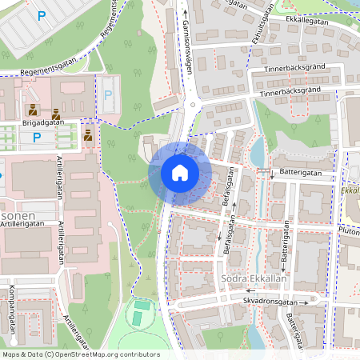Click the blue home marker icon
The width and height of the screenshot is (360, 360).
[179, 173]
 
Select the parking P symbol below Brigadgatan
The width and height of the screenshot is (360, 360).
[36, 138]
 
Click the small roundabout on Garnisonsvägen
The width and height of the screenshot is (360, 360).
[191, 104]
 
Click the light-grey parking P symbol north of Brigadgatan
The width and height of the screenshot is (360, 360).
[108, 94]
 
